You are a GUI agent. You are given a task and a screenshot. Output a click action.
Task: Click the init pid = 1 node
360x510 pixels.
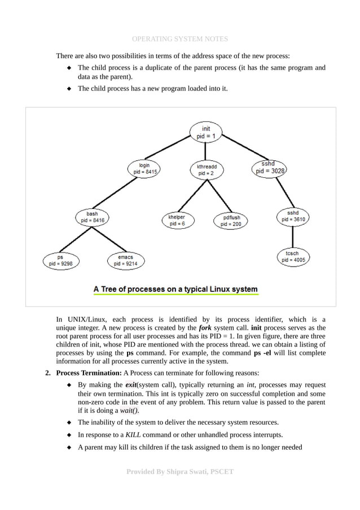(206, 133)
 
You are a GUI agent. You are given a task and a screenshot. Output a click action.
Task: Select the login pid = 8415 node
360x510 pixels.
(144, 168)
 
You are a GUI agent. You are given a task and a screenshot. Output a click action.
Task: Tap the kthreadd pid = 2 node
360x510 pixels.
(206, 170)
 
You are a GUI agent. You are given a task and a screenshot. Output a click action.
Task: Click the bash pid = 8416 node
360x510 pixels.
(92, 217)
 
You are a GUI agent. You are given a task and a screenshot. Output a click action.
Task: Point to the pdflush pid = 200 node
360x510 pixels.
(231, 220)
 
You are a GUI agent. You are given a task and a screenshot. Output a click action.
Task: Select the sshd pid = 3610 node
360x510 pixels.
(293, 216)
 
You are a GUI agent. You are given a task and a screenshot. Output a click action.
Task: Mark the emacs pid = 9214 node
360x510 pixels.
(125, 260)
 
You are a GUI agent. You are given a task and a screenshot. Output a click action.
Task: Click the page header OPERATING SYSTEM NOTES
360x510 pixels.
(179, 39)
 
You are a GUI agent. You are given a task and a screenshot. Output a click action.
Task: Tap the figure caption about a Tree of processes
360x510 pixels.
(175, 289)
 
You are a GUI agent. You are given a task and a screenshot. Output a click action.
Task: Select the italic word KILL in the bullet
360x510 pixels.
(133, 434)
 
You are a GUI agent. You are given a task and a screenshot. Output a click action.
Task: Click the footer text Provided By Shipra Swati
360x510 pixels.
(179, 471)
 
